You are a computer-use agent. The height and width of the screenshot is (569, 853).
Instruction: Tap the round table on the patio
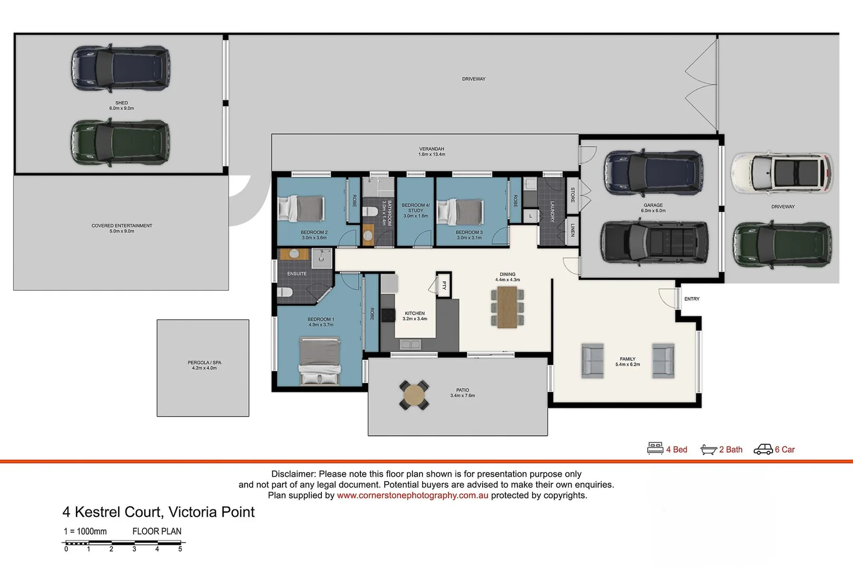tap(414, 395)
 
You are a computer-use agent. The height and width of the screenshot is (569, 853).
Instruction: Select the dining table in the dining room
tap(507, 307)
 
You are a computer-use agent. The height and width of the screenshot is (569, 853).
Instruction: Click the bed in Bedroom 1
tap(320, 360)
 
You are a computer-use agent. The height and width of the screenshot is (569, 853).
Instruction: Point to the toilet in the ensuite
tap(285, 292)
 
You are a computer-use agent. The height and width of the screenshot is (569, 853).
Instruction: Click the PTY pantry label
tap(444, 285)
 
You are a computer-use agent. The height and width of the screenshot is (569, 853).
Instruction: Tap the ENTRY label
tap(692, 299)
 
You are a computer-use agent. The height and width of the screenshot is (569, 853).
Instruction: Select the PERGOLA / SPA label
tap(204, 362)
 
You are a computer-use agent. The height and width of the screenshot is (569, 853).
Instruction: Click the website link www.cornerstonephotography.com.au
tap(413, 495)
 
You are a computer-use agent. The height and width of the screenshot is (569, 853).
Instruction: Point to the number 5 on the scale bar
tap(180, 549)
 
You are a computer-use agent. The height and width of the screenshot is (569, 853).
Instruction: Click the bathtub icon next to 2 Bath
tap(708, 449)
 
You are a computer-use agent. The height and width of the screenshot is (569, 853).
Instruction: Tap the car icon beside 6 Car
tap(763, 449)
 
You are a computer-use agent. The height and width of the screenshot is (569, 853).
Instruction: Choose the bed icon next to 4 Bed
tap(655, 448)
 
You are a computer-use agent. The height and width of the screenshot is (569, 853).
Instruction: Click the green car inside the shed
tap(120, 142)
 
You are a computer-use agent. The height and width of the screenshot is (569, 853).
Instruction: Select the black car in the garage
tap(654, 242)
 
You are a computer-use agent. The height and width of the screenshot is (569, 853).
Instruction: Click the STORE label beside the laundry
tap(572, 194)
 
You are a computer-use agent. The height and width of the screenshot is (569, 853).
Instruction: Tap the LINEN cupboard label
tap(572, 230)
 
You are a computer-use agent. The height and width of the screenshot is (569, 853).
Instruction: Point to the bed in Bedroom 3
tap(460, 212)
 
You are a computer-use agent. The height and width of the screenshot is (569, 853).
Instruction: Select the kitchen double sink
tap(410, 344)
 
